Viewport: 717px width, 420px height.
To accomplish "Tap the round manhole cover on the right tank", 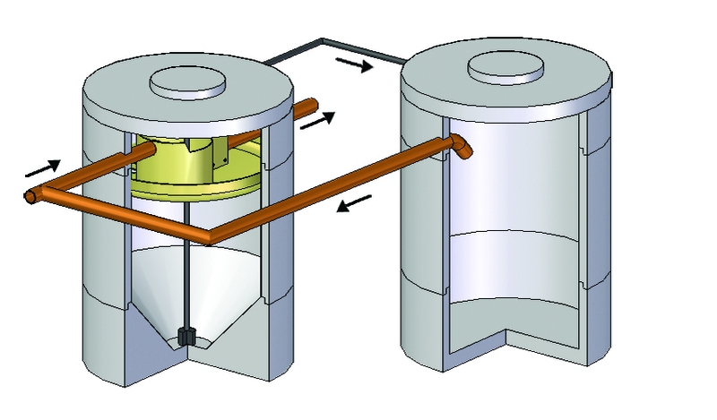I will click(x=505, y=65).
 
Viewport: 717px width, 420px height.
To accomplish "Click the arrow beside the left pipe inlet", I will click(x=42, y=166).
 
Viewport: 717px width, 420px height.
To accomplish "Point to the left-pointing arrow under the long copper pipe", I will click(x=354, y=206).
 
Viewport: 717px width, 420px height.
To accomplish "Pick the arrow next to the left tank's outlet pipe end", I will click(x=318, y=119).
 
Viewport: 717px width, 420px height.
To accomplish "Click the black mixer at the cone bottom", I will click(x=187, y=337).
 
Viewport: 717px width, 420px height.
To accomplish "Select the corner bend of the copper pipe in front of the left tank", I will click(x=210, y=237).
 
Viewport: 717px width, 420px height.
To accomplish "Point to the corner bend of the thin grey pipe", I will click(x=323, y=41).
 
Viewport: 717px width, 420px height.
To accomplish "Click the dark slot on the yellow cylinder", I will click(x=217, y=159).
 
